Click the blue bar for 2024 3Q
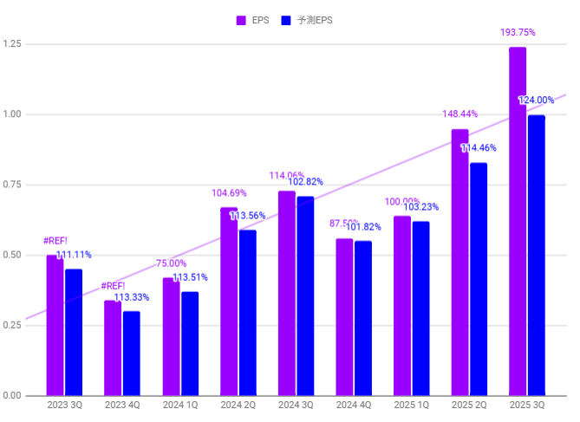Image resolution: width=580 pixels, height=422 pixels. click(305, 295)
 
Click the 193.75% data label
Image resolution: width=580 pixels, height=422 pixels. click(518, 33)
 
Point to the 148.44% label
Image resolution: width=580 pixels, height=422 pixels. click(459, 114)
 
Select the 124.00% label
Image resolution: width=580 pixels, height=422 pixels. click(536, 101)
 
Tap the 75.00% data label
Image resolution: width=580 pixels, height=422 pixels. click(171, 263)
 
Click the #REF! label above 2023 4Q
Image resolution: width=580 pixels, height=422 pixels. click(113, 286)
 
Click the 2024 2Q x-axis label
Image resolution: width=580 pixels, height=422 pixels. click(238, 405)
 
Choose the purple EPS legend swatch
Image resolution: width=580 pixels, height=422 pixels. click(242, 19)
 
